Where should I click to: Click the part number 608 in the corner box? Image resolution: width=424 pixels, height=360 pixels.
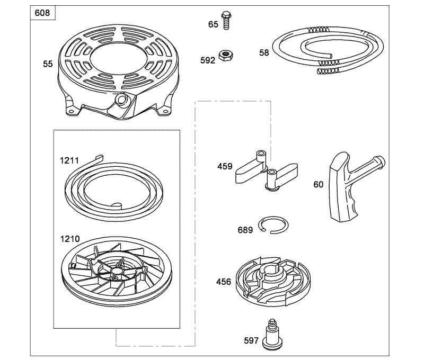click(44, 13)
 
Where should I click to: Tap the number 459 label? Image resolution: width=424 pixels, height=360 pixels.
click(225, 166)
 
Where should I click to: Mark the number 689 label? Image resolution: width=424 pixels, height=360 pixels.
click(245, 230)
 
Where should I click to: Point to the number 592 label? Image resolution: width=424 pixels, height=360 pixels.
click(208, 60)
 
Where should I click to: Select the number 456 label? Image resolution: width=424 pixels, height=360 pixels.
click(224, 282)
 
